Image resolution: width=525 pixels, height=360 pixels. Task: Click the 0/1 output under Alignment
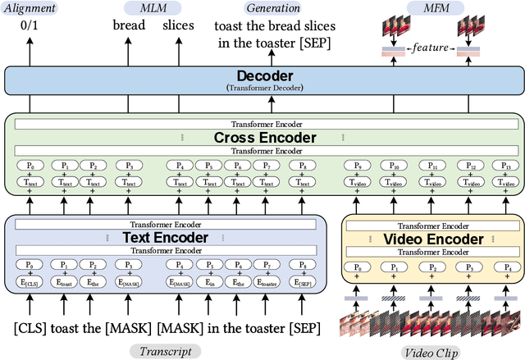point(30,25)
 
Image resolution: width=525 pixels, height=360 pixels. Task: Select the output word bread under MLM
point(129,25)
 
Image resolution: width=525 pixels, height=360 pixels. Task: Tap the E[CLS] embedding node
point(30,281)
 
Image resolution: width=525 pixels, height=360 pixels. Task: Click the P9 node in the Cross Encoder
point(354,166)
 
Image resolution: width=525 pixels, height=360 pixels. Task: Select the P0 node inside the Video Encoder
point(358,267)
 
